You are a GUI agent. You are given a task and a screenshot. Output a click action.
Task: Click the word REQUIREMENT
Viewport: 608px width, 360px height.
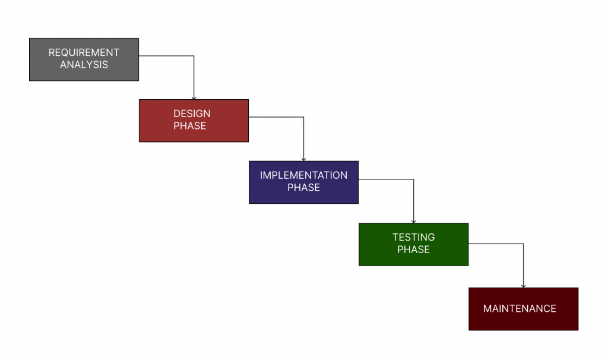(x=84, y=52)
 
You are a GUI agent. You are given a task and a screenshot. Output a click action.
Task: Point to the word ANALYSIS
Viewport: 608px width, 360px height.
(x=84, y=65)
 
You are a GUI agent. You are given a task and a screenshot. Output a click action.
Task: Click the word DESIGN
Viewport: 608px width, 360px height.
(x=192, y=113)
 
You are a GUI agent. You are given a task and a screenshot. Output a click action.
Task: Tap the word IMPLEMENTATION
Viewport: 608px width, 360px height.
(x=303, y=175)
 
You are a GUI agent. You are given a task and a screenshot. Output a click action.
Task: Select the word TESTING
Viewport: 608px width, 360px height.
(x=413, y=237)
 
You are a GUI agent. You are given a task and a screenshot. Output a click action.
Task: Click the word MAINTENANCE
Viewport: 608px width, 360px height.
(x=520, y=309)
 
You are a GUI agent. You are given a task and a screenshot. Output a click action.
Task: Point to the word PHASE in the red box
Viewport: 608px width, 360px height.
(x=190, y=126)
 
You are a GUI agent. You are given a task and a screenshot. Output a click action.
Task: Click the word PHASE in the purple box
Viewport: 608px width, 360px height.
(x=303, y=188)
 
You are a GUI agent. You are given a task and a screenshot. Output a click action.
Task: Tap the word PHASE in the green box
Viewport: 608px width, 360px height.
(x=413, y=250)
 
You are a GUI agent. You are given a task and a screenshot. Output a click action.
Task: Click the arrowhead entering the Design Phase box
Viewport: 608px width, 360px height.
(x=194, y=97)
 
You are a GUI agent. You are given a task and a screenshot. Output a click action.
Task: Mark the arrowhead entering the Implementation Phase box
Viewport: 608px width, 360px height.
(x=304, y=159)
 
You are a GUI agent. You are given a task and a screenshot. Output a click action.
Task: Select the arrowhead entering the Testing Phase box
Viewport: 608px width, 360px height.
(x=414, y=220)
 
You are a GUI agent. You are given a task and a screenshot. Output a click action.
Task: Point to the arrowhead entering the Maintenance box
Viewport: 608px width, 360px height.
(x=523, y=285)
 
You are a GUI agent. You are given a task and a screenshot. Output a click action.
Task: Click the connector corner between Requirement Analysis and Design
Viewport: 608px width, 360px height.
(x=194, y=56)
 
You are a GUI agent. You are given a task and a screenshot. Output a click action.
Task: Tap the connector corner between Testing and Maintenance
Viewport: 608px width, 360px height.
(x=523, y=244)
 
